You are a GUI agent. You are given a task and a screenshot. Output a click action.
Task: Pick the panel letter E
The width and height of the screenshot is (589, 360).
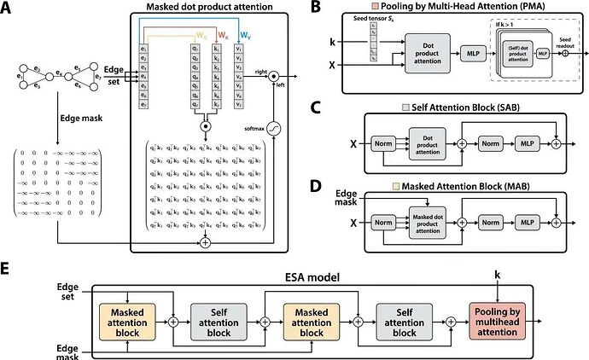[x=7, y=268]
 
